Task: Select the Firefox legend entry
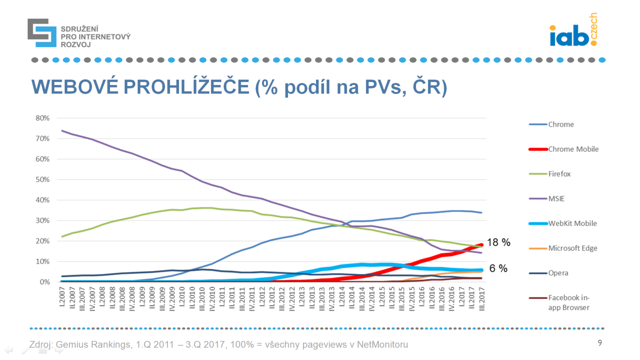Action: tap(559, 174)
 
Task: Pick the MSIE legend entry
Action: tap(556, 199)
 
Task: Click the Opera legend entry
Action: tap(558, 273)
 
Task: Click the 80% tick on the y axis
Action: tap(42, 118)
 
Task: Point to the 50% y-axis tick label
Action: tap(42, 180)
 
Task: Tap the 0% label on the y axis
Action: tap(44, 282)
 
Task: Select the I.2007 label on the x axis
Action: tap(62, 296)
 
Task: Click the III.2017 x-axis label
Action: tap(482, 298)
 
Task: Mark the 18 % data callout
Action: tap(498, 242)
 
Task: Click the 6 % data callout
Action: tap(498, 268)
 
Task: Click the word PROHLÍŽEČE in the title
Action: tap(186, 87)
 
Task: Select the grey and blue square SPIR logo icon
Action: tap(42, 33)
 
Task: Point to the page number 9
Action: tap(600, 343)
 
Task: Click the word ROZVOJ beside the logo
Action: tap(76, 45)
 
